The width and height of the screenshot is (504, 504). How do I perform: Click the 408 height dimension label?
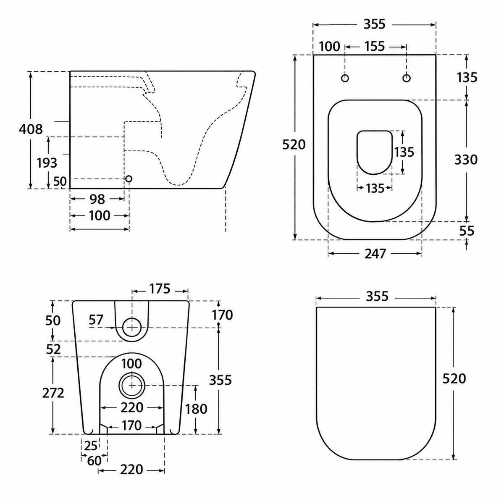click(x=31, y=129)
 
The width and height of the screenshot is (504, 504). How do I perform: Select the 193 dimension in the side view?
click(x=47, y=163)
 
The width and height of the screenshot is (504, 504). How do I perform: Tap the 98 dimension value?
click(x=97, y=199)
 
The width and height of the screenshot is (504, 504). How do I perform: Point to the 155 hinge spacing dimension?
click(x=375, y=47)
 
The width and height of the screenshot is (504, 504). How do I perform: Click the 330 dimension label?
click(x=466, y=160)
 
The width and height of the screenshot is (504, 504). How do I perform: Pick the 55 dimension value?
click(x=467, y=231)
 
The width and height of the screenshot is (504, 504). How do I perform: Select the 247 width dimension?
click(x=375, y=253)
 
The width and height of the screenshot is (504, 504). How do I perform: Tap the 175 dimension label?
click(x=160, y=289)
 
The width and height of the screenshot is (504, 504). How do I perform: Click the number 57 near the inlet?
click(x=96, y=320)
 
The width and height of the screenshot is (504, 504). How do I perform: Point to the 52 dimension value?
click(x=53, y=349)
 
